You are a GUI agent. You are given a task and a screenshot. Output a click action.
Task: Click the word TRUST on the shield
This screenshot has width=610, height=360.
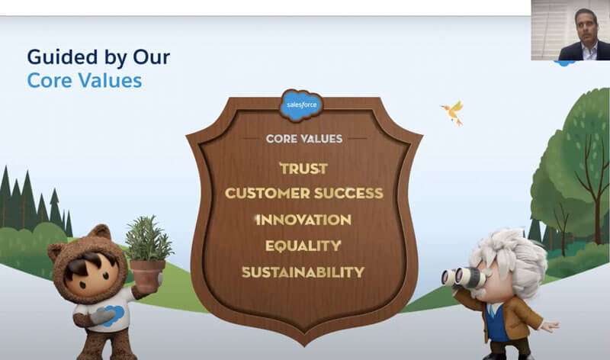click(x=303, y=169)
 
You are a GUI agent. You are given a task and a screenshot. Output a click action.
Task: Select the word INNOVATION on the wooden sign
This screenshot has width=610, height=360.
click(x=303, y=220)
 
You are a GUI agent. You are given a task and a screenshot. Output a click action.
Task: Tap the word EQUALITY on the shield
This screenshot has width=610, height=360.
click(x=303, y=246)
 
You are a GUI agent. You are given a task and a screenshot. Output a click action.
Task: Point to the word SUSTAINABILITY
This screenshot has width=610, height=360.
click(x=303, y=272)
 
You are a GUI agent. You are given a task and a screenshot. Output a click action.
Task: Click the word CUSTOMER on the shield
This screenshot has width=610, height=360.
click(x=268, y=194)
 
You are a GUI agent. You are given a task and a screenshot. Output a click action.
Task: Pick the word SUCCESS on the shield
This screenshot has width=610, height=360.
click(x=348, y=194)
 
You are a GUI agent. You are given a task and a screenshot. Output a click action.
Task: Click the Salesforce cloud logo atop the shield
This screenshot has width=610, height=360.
click(x=301, y=104)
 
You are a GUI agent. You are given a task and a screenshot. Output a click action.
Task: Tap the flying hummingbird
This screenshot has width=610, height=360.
click(x=453, y=112)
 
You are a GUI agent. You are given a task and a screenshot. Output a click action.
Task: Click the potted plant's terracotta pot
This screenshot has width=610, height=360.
click(x=147, y=275)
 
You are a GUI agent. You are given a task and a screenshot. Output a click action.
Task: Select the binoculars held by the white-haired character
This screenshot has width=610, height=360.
click(x=463, y=278)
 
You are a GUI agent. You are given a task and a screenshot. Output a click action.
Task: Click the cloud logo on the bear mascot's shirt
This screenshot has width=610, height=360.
click(x=113, y=314)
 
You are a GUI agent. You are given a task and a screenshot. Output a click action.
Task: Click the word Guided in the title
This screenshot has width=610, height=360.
click(x=63, y=56)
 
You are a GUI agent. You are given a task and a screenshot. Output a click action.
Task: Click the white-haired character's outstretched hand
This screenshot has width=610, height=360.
click(x=551, y=326)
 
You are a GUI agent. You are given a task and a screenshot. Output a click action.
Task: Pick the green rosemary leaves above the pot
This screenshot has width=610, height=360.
click(x=148, y=238)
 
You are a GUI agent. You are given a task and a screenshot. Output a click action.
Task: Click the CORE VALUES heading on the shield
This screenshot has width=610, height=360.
click(x=304, y=139)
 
